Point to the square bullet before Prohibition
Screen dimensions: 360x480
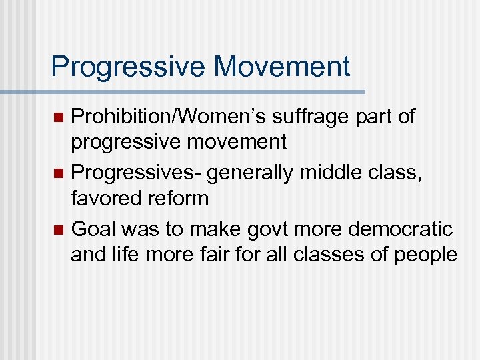pyautogui.click(x=58, y=118)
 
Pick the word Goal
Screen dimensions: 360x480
pyautogui.click(x=92, y=229)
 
